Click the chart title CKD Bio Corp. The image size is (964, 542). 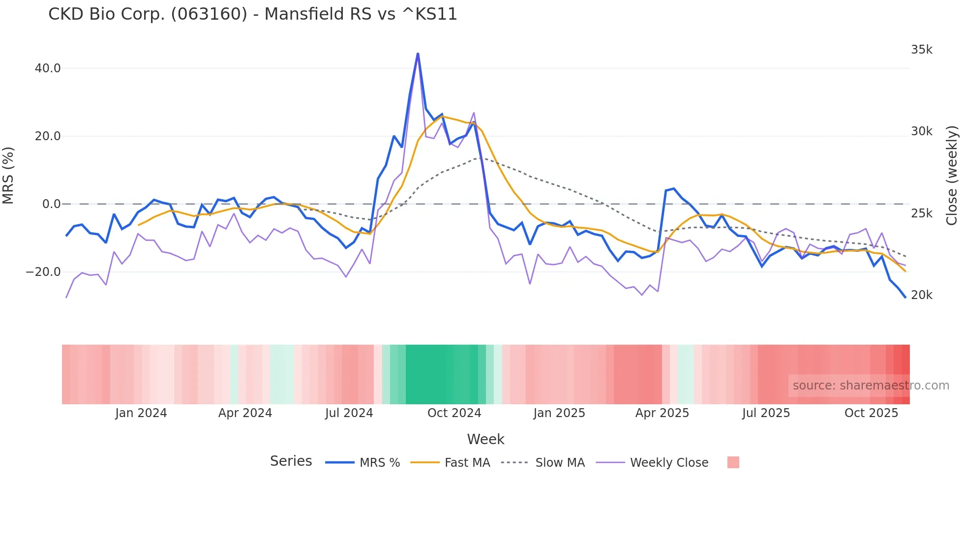coord(252,14)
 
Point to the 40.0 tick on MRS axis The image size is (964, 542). coord(48,68)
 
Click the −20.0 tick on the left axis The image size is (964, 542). coord(44,272)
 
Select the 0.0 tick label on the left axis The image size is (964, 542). coord(51,204)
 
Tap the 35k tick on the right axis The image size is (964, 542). coord(922,50)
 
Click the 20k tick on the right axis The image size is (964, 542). coord(922,295)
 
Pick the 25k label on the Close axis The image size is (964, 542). coord(922,213)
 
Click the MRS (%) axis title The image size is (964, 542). coord(8,176)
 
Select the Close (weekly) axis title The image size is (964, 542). coord(952,176)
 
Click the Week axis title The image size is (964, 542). coord(485,439)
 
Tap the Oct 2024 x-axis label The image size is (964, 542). coord(454,413)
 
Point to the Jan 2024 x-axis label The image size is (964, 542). coord(141,413)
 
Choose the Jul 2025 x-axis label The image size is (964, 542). coord(766,413)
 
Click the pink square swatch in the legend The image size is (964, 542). coord(733,462)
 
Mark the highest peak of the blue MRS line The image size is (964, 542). coord(418,54)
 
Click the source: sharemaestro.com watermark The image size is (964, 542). coord(871,386)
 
